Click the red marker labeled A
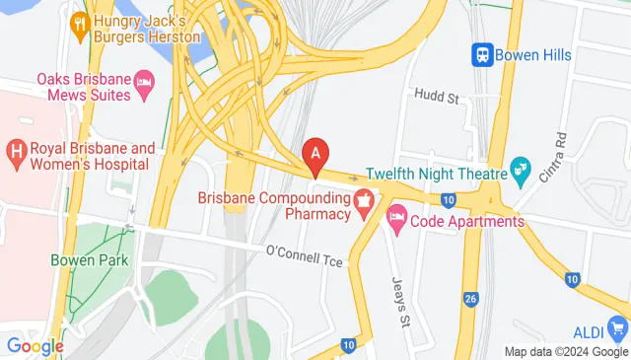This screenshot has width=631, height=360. [315, 155]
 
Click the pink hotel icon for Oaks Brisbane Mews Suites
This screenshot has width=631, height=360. [144, 78]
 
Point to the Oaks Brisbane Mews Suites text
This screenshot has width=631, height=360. [83, 87]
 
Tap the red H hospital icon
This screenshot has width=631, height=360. [15, 151]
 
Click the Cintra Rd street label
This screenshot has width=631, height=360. [552, 155]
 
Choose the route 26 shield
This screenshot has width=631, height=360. [470, 298]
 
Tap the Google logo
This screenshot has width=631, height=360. [35, 345]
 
